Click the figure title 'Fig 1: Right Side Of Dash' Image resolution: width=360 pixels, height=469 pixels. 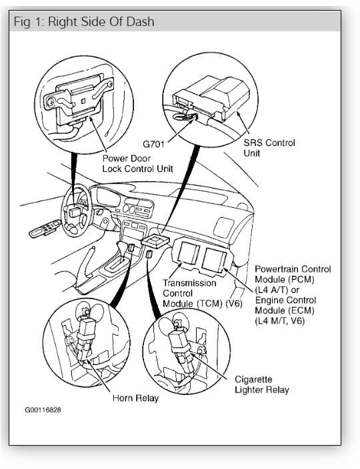(x=84, y=22)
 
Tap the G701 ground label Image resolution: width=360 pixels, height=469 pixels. (x=153, y=144)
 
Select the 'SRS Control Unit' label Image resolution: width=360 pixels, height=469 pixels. (x=269, y=148)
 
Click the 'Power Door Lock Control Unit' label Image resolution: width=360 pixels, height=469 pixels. (x=137, y=164)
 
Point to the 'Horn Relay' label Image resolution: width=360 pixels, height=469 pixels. (x=135, y=398)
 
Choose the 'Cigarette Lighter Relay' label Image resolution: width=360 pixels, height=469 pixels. (x=262, y=384)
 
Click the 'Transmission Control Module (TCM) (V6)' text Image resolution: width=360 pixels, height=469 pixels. (x=202, y=293)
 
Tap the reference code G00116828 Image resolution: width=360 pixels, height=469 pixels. (x=43, y=410)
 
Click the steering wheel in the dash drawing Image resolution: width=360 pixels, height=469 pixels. (x=76, y=212)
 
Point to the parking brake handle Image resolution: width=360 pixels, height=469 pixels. (x=87, y=263)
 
